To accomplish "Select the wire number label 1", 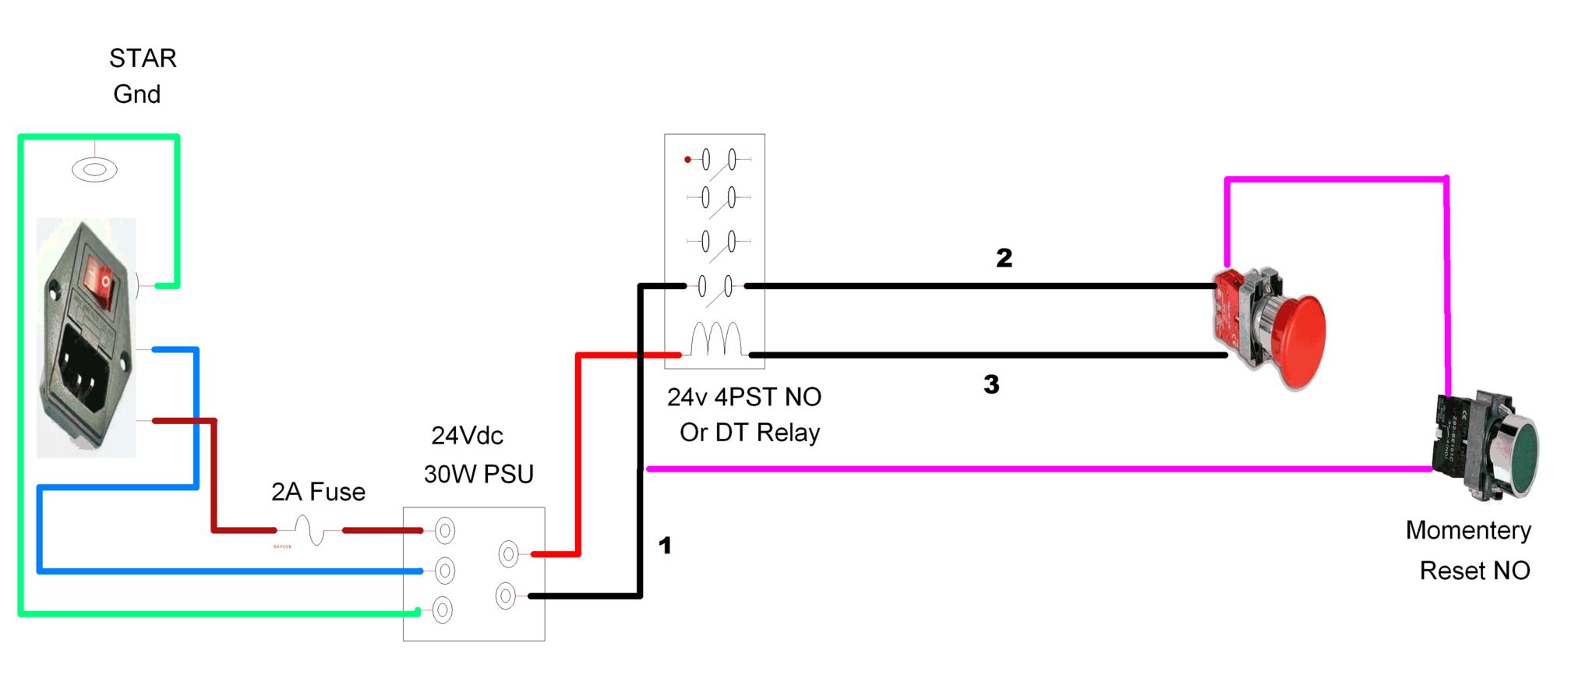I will tap(665, 546).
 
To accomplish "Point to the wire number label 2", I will tap(1004, 258).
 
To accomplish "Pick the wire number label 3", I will tap(991, 384).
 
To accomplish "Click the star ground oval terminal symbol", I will tap(94, 169).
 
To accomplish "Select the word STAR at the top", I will tap(143, 58).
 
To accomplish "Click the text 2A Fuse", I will tap(318, 492).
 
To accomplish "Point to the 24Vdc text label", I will tap(467, 435).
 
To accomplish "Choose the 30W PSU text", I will tap(478, 474).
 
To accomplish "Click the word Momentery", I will tap(1468, 530).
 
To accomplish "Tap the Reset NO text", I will tap(1474, 571).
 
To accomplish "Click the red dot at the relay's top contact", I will tap(687, 160).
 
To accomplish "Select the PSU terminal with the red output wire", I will tap(508, 554).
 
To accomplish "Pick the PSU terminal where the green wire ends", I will tap(442, 610).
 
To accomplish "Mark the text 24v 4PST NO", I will tap(744, 397).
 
